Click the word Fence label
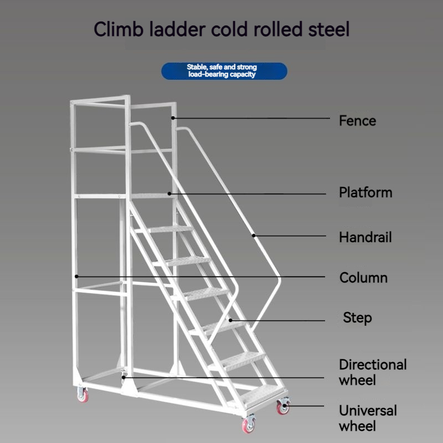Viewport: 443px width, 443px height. point(357,121)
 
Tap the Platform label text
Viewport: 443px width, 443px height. point(365,193)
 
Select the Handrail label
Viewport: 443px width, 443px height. point(365,238)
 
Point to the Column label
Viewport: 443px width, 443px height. point(363,277)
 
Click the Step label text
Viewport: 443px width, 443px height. point(357,318)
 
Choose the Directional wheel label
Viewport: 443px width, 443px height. point(373,372)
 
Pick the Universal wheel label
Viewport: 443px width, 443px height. point(368,418)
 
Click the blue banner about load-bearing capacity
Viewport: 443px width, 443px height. point(224,71)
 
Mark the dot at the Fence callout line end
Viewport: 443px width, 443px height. point(173,117)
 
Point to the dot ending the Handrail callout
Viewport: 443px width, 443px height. point(254,235)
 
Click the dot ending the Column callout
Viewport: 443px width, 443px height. point(76,276)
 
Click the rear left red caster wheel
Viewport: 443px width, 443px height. point(83,395)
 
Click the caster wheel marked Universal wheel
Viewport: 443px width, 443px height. point(284,408)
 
